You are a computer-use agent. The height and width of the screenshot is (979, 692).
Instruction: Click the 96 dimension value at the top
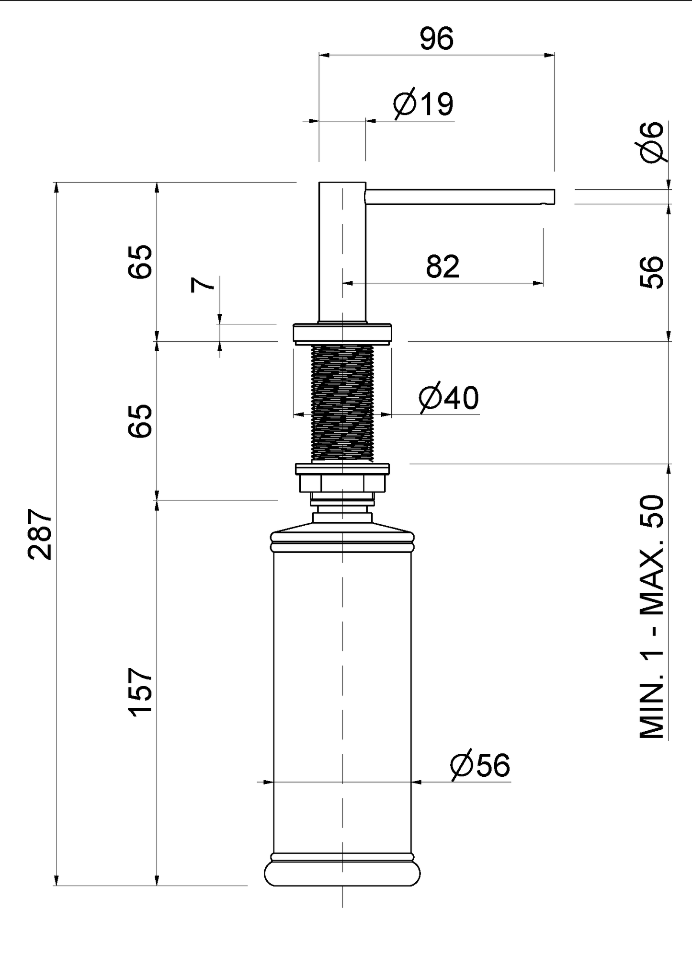pyautogui.click(x=436, y=39)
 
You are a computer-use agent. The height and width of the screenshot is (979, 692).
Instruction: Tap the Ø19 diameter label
pyautogui.click(x=423, y=104)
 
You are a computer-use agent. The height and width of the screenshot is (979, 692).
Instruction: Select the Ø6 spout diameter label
pyautogui.click(x=653, y=142)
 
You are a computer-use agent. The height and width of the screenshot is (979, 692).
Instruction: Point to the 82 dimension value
pyautogui.click(x=442, y=266)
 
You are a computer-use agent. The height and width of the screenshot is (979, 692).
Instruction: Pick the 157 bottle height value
pyautogui.click(x=140, y=691)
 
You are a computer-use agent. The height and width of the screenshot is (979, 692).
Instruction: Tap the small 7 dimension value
pyautogui.click(x=203, y=285)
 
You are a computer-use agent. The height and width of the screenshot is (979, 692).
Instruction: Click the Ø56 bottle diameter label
pyautogui.click(x=480, y=765)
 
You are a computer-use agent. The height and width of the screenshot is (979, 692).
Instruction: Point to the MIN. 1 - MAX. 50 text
pyautogui.click(x=652, y=617)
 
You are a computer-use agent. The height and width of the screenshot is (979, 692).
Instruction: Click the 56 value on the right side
pyautogui.click(x=652, y=272)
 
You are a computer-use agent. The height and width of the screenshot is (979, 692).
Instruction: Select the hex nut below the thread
pyautogui.click(x=342, y=483)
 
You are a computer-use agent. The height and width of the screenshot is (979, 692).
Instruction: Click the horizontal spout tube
pyautogui.click(x=460, y=197)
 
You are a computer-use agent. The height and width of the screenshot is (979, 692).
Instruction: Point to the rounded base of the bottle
pyautogui.click(x=342, y=873)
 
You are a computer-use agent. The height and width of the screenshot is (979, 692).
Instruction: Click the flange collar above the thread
pyautogui.click(x=342, y=333)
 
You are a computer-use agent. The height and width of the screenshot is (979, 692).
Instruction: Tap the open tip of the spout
pyautogui.click(x=554, y=197)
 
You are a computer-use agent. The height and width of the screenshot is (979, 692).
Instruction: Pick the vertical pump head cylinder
pyautogui.click(x=342, y=252)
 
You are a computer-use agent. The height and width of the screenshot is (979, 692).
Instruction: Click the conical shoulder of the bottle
pyautogui.click(x=342, y=527)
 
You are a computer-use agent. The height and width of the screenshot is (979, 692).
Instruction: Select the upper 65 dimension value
pyautogui.click(x=140, y=262)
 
